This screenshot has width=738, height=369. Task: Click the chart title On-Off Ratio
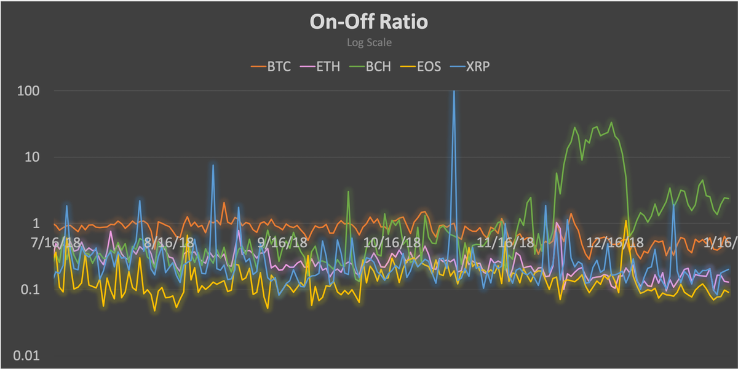click(368, 22)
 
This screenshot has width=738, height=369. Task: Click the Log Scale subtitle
click(368, 43)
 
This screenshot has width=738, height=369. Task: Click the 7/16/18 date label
click(55, 242)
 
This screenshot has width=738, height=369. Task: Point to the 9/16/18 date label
click(282, 242)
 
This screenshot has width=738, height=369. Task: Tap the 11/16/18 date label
click(506, 242)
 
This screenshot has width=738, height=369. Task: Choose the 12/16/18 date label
click(616, 242)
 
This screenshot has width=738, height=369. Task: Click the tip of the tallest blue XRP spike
click(454, 91)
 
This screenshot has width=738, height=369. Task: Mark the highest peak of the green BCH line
click(611, 122)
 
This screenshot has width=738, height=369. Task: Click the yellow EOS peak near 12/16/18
click(626, 221)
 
